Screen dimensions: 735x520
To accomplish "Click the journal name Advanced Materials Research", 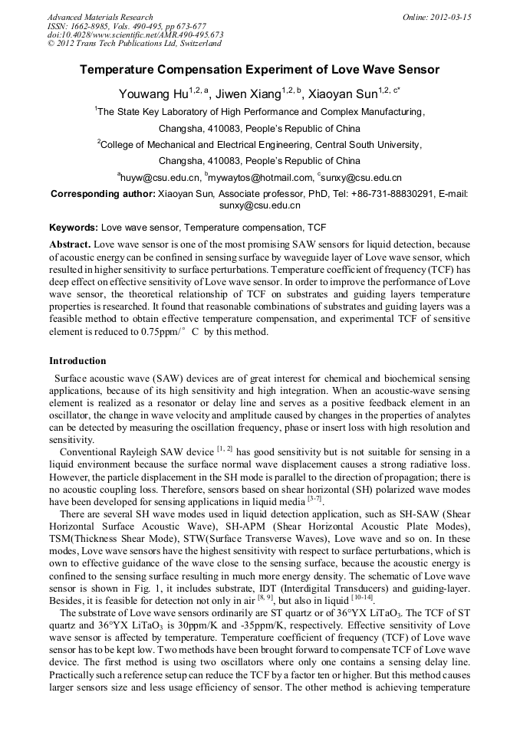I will point(100,17).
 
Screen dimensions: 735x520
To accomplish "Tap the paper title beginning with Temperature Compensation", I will point(260,70).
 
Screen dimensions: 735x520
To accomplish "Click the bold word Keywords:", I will point(74,228).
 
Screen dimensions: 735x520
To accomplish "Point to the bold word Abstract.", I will point(70,244).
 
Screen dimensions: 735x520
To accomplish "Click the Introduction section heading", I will point(77,361).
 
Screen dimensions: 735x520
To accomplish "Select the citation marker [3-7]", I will point(315,499).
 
